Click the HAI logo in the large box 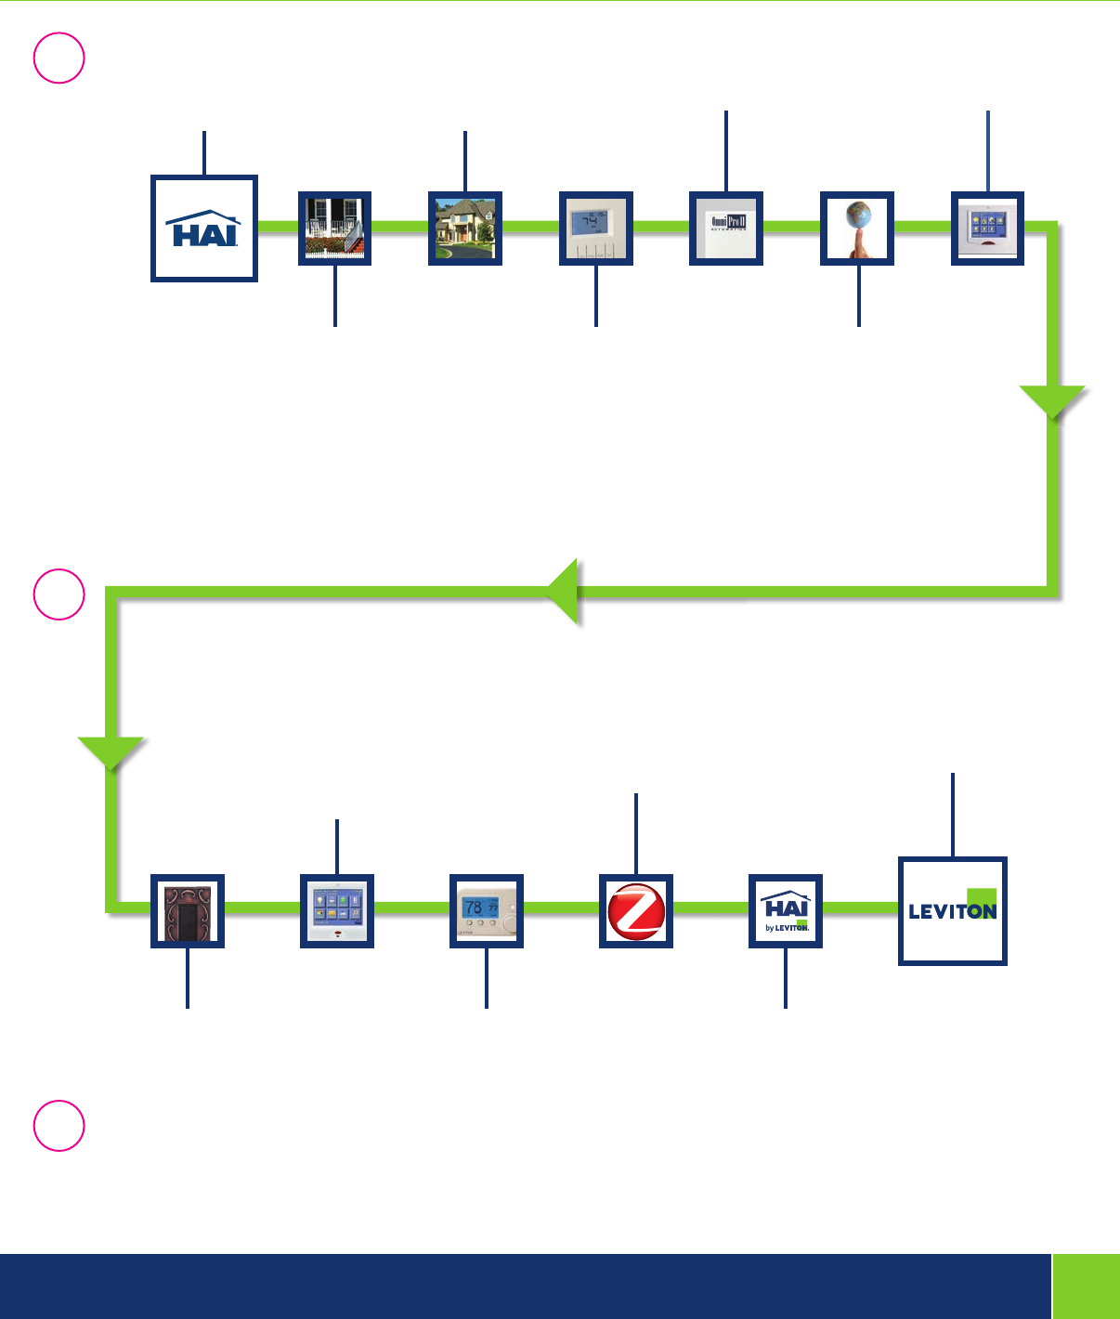click(203, 229)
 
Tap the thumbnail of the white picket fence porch click(334, 229)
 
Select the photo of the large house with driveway click(464, 229)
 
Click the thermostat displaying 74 click(595, 229)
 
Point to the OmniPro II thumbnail click(726, 229)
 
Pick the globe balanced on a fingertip click(857, 229)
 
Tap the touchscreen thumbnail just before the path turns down click(987, 229)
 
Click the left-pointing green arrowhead click(564, 591)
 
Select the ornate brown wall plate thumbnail click(188, 910)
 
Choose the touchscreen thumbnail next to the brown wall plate click(337, 910)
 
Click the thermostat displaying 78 click(487, 910)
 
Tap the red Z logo click(636, 910)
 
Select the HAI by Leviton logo click(786, 910)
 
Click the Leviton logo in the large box click(952, 910)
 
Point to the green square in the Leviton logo click(982, 903)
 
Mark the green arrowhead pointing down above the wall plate click(111, 751)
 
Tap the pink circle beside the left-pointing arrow click(59, 594)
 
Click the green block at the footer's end click(1087, 1286)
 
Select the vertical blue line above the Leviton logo click(953, 814)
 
